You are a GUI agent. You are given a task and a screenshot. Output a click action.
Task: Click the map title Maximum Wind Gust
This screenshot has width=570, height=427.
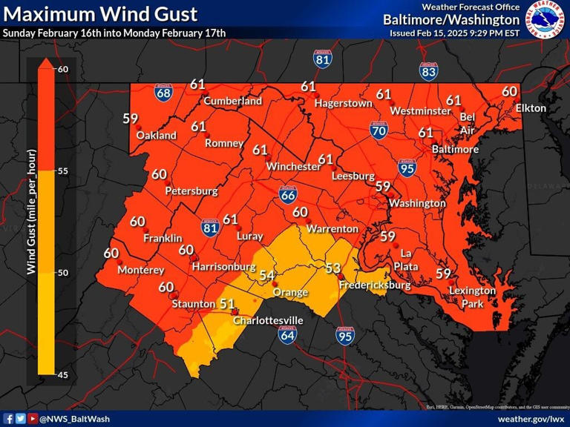(100, 13)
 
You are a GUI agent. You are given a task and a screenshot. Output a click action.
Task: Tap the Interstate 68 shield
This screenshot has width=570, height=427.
(164, 92)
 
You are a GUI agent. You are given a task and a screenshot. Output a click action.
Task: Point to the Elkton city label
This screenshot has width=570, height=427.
(531, 108)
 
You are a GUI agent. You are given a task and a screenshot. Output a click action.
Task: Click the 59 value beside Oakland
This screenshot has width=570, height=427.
(131, 118)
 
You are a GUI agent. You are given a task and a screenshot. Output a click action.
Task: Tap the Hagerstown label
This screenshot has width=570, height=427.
(343, 104)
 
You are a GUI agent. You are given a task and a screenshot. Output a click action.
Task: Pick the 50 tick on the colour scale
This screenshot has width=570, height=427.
(63, 273)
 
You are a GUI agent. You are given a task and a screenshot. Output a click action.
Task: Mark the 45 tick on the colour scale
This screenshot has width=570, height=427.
(63, 374)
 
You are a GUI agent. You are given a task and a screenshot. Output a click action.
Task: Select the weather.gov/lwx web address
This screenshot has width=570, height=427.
(530, 419)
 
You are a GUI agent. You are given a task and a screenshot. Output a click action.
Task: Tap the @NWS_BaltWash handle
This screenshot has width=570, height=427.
(74, 419)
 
